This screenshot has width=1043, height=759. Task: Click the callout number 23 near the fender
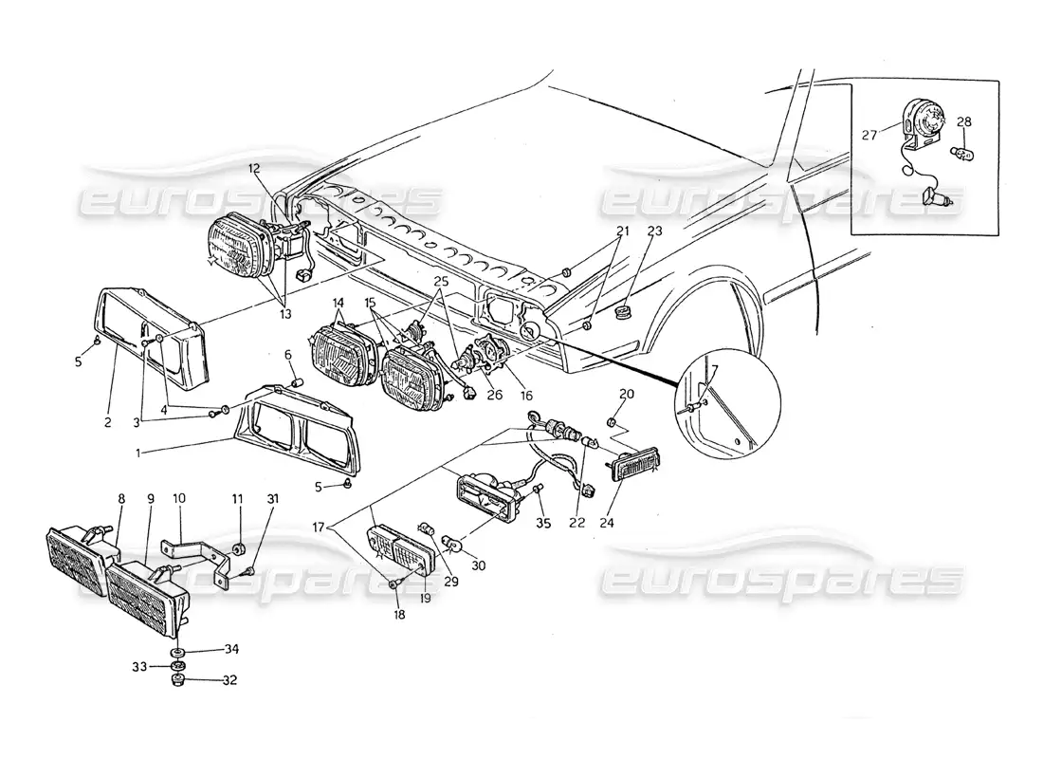[628, 231]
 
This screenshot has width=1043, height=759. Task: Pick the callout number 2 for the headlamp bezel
[108, 422]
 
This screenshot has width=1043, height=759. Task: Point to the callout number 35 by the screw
[542, 522]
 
